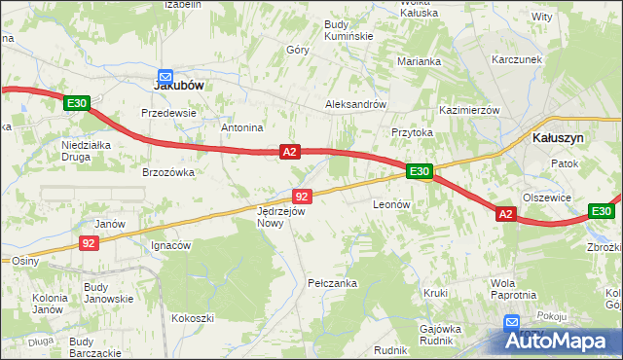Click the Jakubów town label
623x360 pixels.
click(x=179, y=85)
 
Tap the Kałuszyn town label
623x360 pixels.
click(x=558, y=138)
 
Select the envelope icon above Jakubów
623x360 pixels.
click(x=165, y=74)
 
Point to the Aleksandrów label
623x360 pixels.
click(x=355, y=104)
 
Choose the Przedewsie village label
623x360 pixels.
click(x=169, y=112)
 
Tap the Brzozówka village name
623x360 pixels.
click(x=169, y=172)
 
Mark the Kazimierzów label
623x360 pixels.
click(x=469, y=110)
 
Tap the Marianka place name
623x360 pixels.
click(x=420, y=61)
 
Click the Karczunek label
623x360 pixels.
click(x=516, y=59)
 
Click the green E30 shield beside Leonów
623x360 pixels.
click(x=420, y=171)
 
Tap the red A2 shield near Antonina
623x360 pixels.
click(x=289, y=152)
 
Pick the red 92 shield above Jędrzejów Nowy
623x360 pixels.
click(x=302, y=197)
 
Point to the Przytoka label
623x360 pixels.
click(x=412, y=133)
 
